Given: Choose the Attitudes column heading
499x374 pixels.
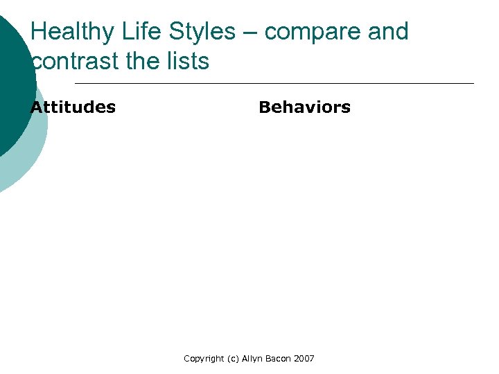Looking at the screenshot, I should (x=73, y=107).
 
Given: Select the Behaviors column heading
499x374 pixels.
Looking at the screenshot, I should (x=304, y=107).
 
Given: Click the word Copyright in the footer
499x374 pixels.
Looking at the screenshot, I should (x=204, y=359).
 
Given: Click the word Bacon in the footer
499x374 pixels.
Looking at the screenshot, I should (x=280, y=359).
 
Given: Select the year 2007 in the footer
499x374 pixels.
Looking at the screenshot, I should (x=304, y=359).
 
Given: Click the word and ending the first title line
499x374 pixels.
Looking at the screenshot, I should (x=388, y=32).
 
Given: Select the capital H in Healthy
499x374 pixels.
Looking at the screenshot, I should (x=40, y=32).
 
